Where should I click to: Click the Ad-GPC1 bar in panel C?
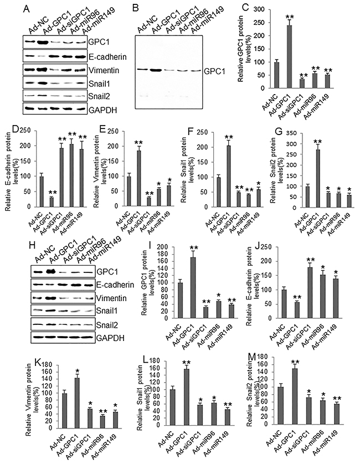point(289,56)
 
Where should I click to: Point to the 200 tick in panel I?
point(162,247)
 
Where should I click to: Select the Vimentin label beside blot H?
point(111,298)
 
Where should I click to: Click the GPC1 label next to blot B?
point(214,71)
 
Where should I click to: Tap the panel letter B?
point(136,8)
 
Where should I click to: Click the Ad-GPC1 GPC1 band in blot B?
point(156,70)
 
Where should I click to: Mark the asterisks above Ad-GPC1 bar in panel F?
point(229,137)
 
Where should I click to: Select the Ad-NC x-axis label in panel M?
point(272,438)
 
